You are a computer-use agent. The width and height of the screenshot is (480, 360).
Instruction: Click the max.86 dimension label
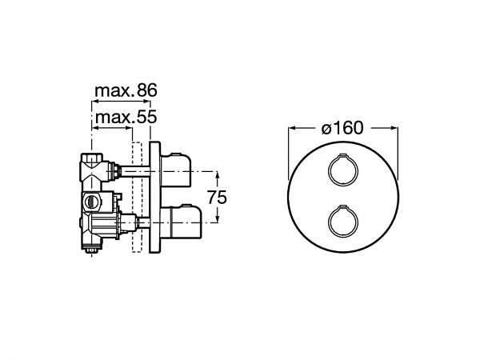[126, 90]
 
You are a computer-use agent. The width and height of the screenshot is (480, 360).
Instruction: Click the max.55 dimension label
[126, 117]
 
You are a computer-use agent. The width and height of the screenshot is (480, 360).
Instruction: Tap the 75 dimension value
[217, 197]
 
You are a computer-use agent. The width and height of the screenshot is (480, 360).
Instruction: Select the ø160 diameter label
[342, 128]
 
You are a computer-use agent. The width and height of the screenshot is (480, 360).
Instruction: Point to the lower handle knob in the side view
[181, 222]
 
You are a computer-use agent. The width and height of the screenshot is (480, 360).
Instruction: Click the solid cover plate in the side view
[154, 197]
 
